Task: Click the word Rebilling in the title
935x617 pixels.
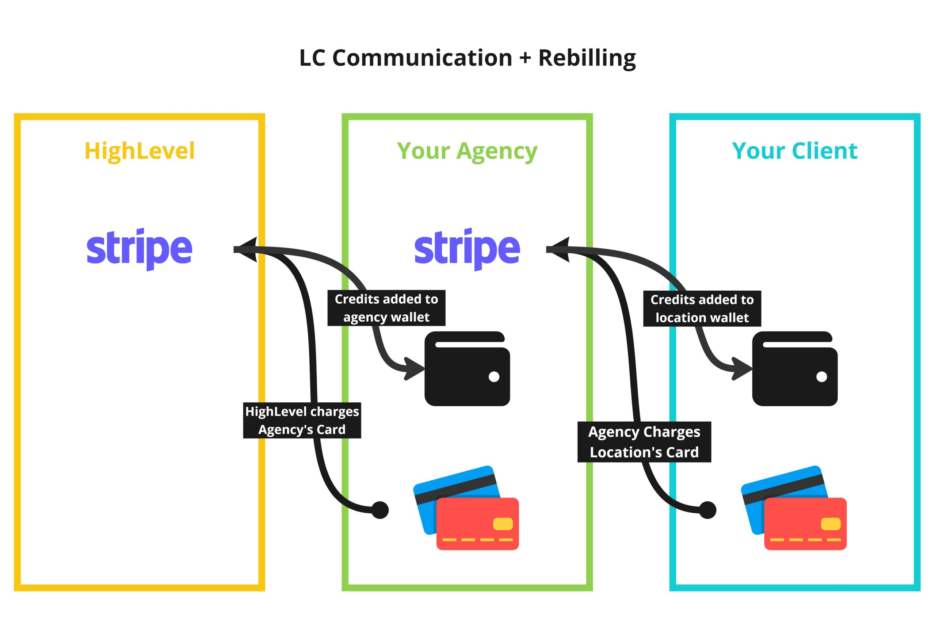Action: click(587, 58)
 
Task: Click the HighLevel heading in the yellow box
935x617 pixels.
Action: click(140, 151)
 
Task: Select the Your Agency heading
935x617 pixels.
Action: click(467, 151)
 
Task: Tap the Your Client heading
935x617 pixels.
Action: click(794, 151)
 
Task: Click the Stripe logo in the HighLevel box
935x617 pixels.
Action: click(140, 249)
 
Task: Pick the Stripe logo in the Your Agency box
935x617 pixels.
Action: click(467, 249)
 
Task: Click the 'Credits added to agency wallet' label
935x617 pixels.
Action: click(386, 308)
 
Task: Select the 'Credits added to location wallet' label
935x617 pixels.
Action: click(702, 308)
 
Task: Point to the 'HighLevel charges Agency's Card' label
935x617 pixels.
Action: click(302, 420)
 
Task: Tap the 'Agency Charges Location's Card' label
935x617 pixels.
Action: click(644, 442)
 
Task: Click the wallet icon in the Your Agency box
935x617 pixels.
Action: click(467, 369)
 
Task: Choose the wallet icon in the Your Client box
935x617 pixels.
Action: click(794, 369)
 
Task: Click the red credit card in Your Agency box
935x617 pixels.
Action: click(477, 524)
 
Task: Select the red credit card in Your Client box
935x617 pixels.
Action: click(805, 524)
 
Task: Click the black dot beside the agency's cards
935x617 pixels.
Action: click(380, 510)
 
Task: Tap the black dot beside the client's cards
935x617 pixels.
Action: click(707, 510)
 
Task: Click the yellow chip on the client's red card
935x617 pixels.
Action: click(830, 524)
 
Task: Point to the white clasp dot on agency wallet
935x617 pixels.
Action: click(494, 376)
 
